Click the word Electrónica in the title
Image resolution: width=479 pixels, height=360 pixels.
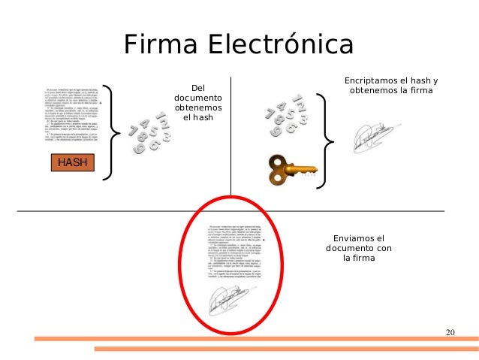279,45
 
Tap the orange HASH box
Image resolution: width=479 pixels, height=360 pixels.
72,162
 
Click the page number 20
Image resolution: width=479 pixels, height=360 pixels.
450,332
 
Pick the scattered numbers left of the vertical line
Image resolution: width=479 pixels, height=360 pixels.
151,131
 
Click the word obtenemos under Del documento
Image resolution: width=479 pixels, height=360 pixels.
198,108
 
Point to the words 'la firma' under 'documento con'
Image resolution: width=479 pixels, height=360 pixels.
358,259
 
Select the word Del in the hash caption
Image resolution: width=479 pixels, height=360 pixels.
198,87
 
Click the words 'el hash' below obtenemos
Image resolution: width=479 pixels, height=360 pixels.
198,119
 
